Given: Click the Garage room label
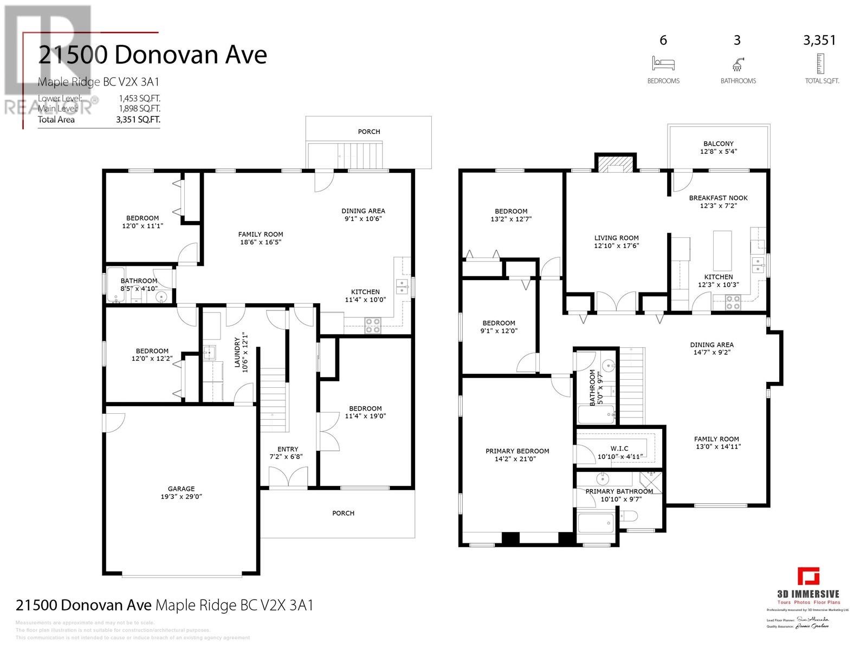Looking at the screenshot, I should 181,489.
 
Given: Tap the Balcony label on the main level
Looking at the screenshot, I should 719,144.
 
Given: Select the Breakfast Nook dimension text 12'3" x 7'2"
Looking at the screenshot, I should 719,206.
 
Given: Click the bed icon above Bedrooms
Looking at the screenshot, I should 663,63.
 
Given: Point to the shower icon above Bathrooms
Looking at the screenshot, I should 737,64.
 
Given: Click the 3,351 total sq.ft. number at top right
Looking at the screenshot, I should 820,40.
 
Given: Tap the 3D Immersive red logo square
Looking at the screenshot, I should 808,576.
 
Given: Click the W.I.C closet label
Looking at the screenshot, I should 619,448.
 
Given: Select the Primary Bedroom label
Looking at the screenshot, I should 517,451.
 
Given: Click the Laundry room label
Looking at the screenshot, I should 237,352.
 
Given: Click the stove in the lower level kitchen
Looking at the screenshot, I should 372,326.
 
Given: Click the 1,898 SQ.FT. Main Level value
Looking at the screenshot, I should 139,109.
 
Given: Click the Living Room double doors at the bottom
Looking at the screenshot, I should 616,302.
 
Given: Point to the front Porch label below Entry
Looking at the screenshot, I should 343,513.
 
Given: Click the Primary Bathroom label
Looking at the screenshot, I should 619,491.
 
